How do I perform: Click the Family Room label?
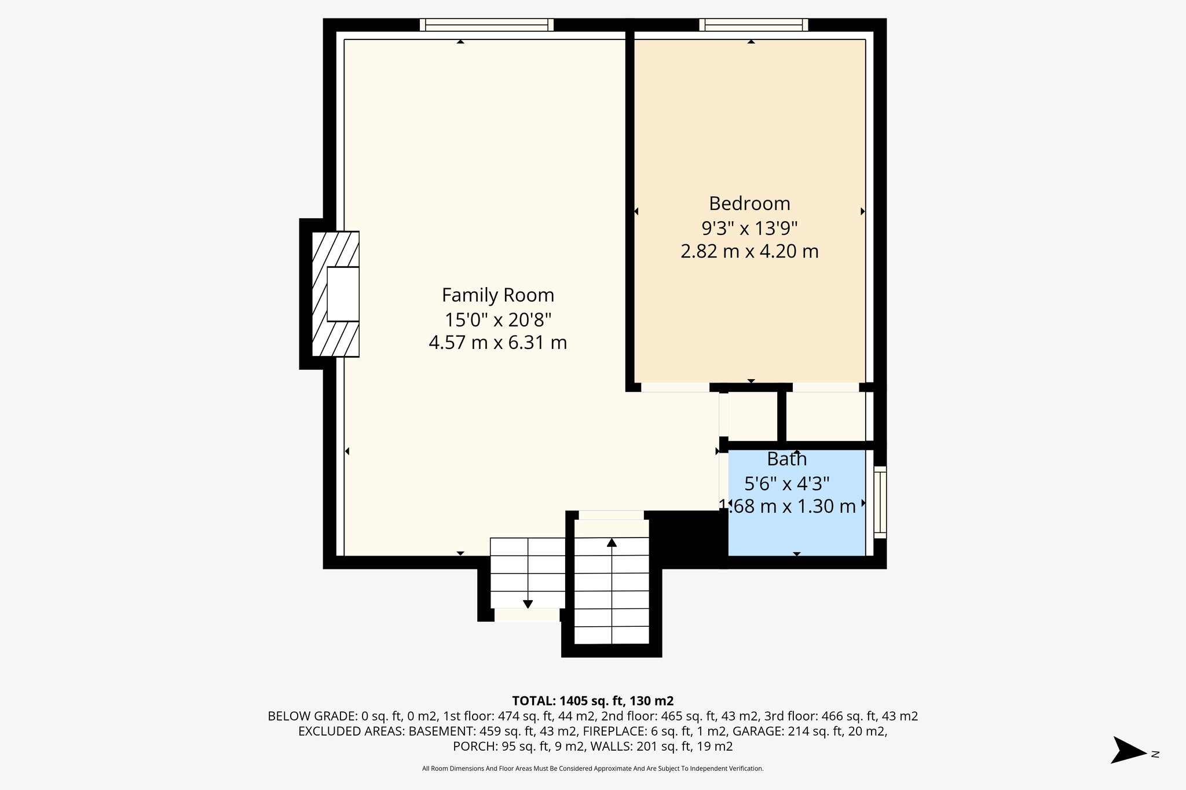point(497,295)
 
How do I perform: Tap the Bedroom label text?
point(749,204)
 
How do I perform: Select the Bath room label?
point(786,460)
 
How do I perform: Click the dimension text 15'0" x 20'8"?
point(497,319)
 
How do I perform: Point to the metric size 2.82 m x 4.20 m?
point(749,252)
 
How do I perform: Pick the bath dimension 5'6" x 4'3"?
point(786,483)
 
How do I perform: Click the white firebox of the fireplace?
point(343,294)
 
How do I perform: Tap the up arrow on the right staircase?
point(612,543)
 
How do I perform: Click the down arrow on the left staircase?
point(528,604)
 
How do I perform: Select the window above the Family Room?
point(486,25)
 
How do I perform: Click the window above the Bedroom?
point(753,25)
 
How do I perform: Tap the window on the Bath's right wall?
point(880,502)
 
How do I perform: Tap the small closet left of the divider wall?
point(752,416)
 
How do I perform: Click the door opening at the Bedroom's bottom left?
point(675,388)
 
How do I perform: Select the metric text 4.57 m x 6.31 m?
point(497,343)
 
